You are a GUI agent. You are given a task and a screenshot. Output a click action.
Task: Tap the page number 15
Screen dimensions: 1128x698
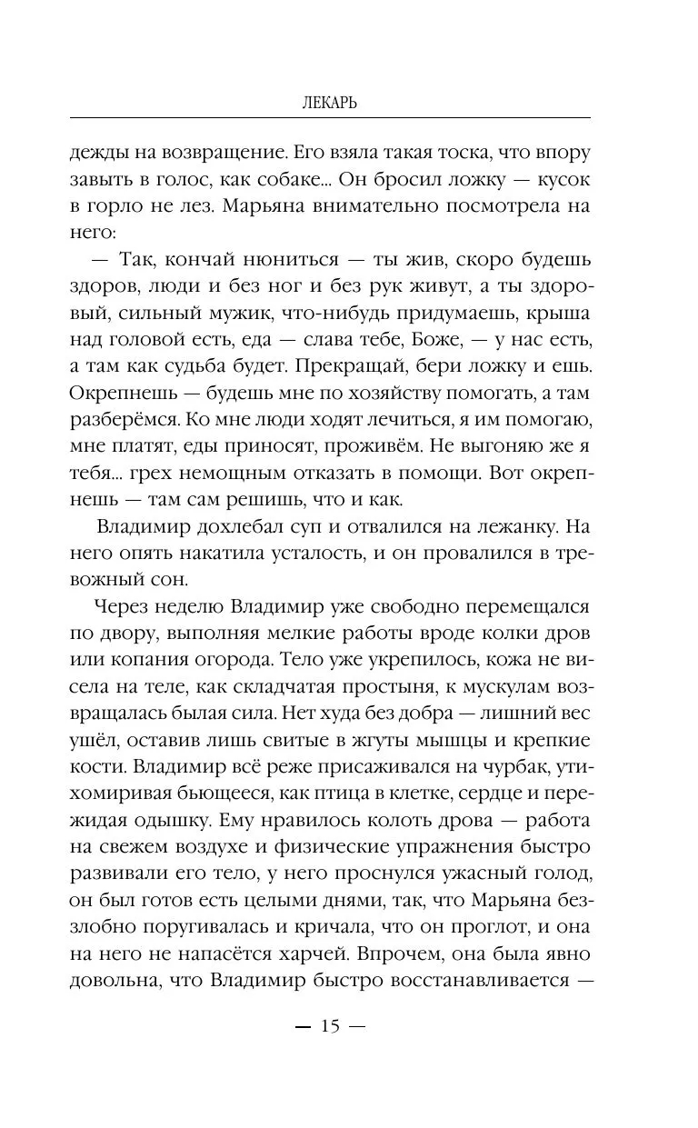click(x=329, y=1028)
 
